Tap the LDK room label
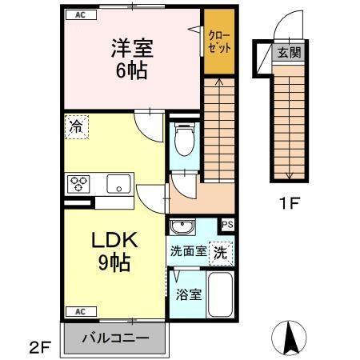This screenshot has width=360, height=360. [114, 240]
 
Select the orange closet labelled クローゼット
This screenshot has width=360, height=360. [218, 42]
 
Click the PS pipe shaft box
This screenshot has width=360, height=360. [228, 225]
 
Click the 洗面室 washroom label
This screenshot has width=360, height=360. [188, 251]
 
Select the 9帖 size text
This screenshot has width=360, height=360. [114, 261]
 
